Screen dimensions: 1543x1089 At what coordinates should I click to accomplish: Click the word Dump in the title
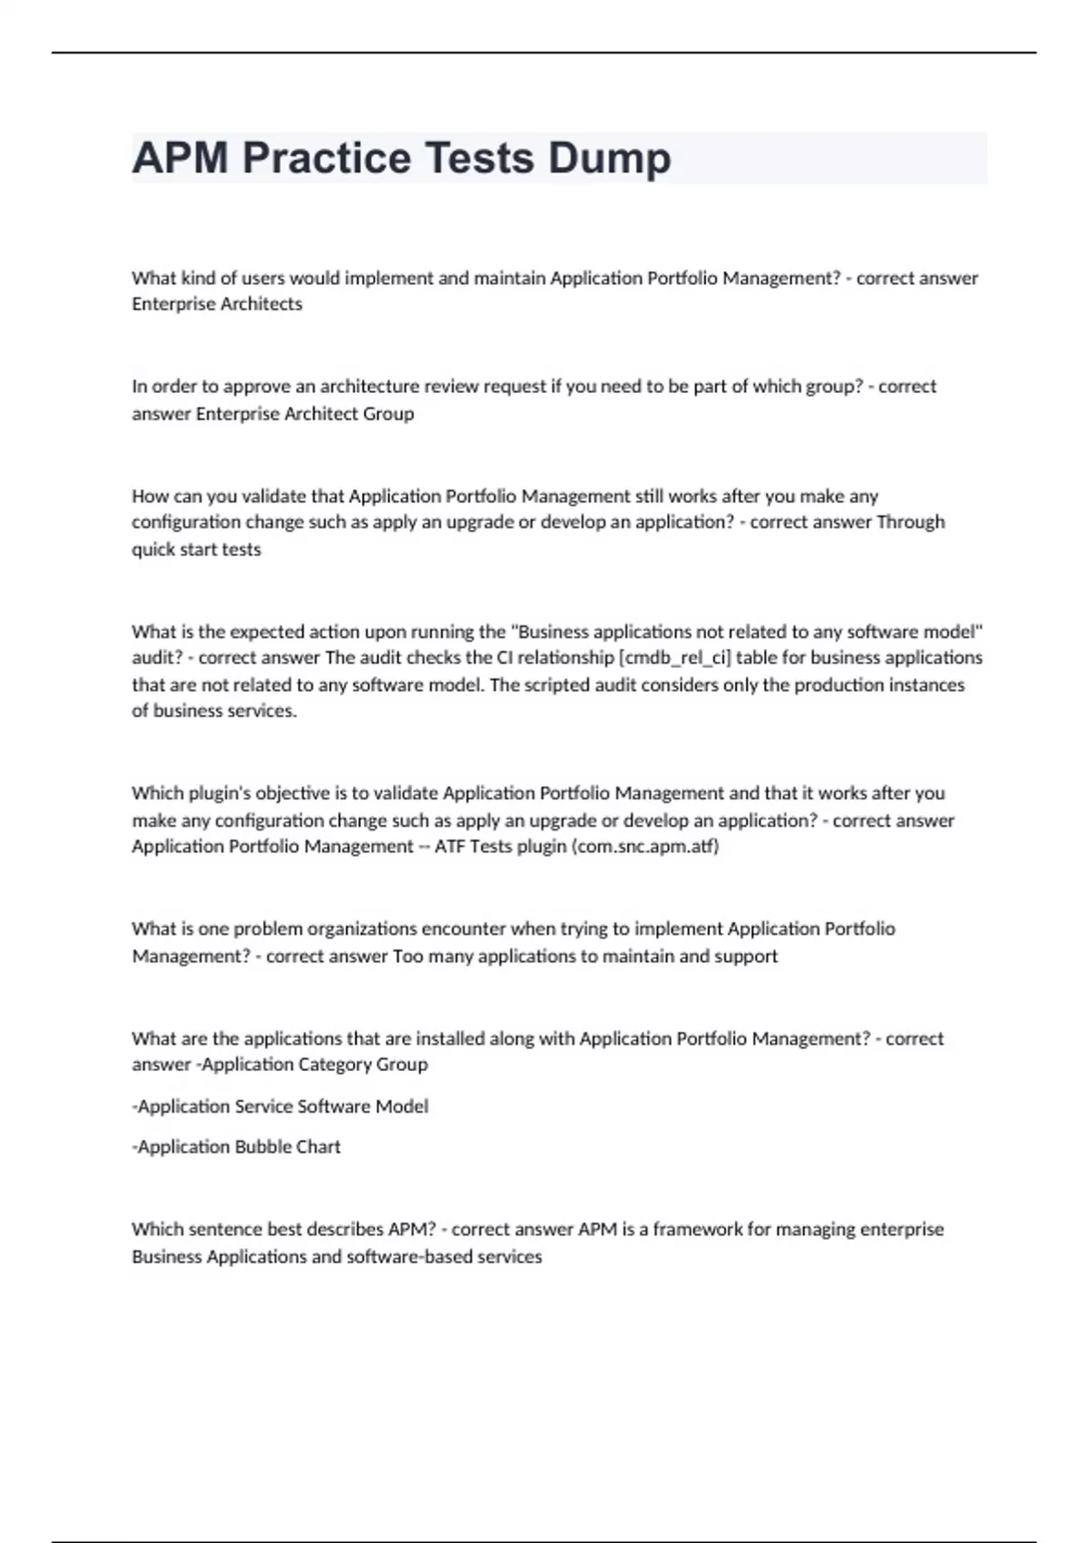point(609,158)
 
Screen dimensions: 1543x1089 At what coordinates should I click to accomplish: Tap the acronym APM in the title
point(180,158)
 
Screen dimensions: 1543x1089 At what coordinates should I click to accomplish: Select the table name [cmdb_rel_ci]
point(673,657)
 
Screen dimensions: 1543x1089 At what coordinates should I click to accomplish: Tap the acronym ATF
point(449,847)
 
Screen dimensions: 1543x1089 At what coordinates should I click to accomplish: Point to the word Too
point(407,957)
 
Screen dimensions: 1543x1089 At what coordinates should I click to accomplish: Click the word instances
point(926,685)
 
